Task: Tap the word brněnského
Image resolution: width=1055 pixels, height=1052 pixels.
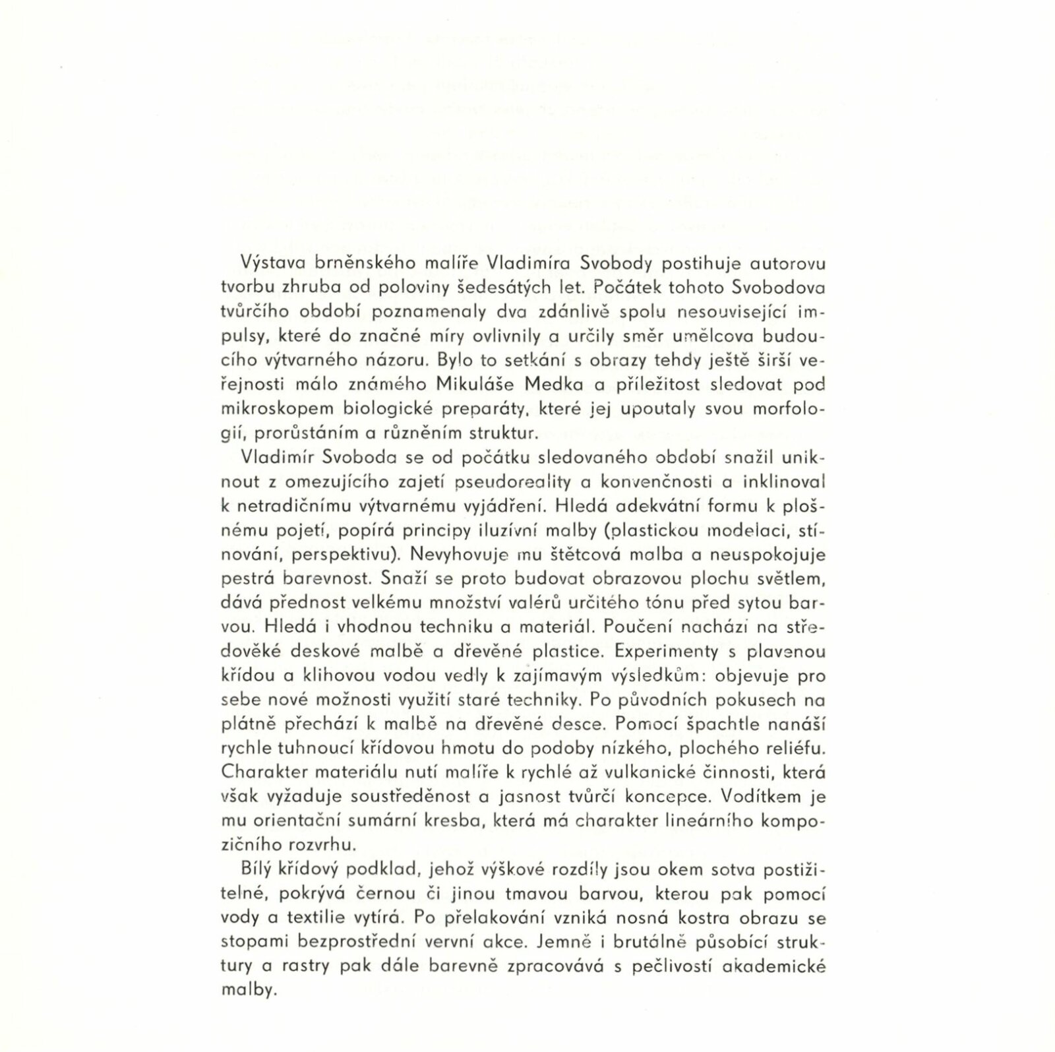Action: coord(365,264)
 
